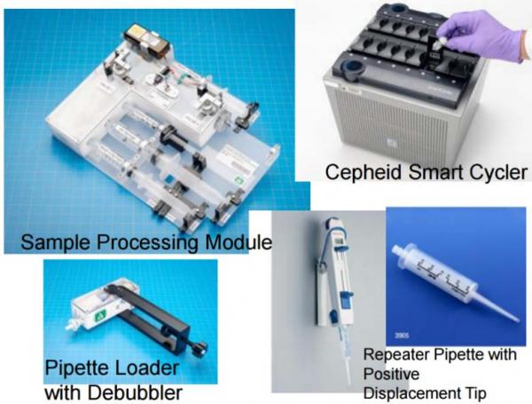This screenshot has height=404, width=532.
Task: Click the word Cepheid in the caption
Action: tap(364, 172)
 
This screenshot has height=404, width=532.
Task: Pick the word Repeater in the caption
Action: tap(397, 355)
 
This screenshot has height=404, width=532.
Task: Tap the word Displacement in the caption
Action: tap(411, 393)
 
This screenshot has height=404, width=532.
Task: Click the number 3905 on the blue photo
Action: tap(402, 336)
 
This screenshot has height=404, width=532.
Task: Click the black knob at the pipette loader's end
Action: tap(199, 348)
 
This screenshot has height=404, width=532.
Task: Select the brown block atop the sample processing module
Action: tap(147, 40)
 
